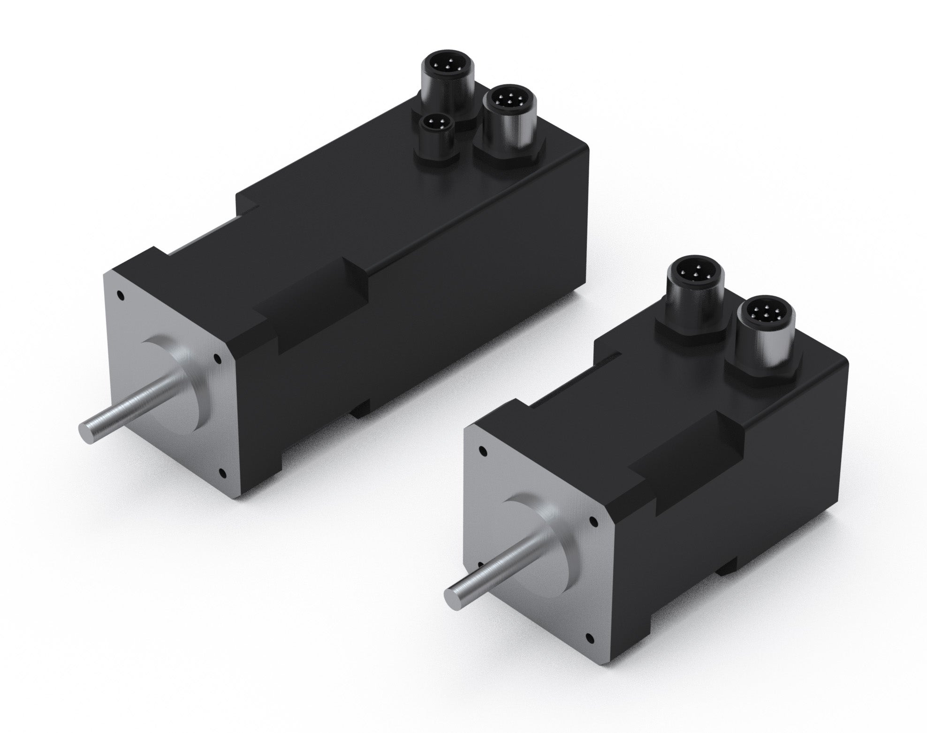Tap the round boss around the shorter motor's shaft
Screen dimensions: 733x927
coord(554,535)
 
